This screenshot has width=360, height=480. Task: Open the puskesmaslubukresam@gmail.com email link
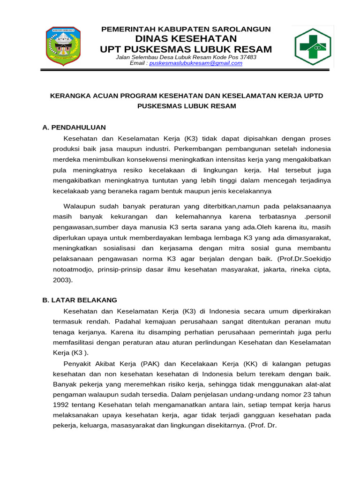pyautogui.click(x=195, y=63)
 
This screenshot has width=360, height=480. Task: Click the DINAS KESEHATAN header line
pyautogui.click(x=186, y=38)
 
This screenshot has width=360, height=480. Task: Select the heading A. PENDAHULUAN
pyautogui.click(x=74, y=127)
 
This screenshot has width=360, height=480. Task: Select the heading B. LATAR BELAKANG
pyautogui.click(x=80, y=300)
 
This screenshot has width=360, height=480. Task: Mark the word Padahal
pyautogui.click(x=127, y=322)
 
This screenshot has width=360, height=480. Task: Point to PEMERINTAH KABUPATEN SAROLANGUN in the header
pyautogui.click(x=186, y=29)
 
